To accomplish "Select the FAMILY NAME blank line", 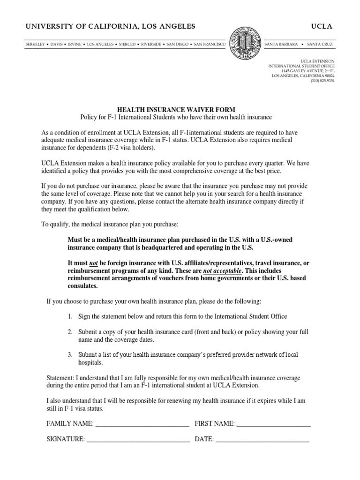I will click(x=142, y=424).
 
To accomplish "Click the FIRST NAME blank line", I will click(x=274, y=424).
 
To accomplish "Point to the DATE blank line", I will click(x=262, y=439).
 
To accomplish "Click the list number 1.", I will click(x=69, y=317).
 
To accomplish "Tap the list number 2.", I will click(x=69, y=332).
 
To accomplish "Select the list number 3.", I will click(x=69, y=355).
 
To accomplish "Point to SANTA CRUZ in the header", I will click(x=321, y=45).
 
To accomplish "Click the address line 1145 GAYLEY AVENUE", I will click(x=307, y=71).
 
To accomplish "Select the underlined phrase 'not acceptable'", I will click(x=223, y=271).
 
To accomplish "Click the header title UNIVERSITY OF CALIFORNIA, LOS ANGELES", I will click(x=110, y=26).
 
